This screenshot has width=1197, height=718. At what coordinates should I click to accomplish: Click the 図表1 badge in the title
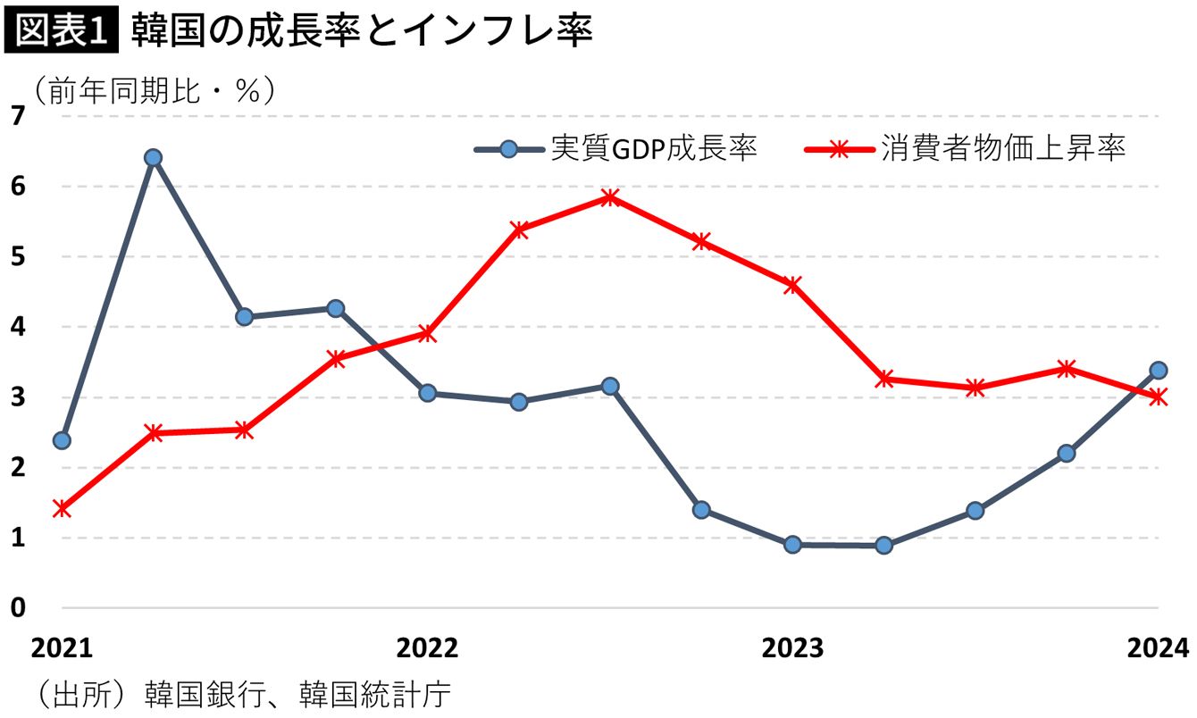[x=62, y=32]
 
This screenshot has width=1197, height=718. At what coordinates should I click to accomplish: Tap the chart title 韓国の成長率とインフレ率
[x=362, y=32]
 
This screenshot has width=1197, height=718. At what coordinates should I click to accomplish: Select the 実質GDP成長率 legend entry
[x=616, y=148]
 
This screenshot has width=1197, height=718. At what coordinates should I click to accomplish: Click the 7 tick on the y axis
[x=18, y=115]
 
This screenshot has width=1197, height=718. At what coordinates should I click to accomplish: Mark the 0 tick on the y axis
[x=18, y=608]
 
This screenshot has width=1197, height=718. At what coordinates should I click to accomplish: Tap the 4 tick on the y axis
[x=18, y=327]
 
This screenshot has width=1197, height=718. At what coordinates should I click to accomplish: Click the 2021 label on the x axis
[x=62, y=647]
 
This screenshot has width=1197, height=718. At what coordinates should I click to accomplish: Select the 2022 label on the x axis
[x=427, y=647]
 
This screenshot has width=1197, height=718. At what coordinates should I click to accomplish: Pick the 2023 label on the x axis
[x=792, y=647]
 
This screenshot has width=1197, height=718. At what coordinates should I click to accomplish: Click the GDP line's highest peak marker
[x=153, y=157]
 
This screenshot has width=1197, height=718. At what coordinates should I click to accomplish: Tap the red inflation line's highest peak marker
[x=610, y=197]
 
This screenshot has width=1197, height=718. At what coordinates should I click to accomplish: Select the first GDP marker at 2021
[x=62, y=440]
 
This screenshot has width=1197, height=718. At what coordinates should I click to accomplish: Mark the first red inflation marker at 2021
[x=62, y=508]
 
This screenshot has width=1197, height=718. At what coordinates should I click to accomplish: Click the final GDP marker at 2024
[x=1159, y=370]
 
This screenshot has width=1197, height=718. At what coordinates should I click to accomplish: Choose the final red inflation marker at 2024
[x=1159, y=397]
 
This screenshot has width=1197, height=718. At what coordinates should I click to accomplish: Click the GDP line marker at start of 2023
[x=792, y=545]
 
